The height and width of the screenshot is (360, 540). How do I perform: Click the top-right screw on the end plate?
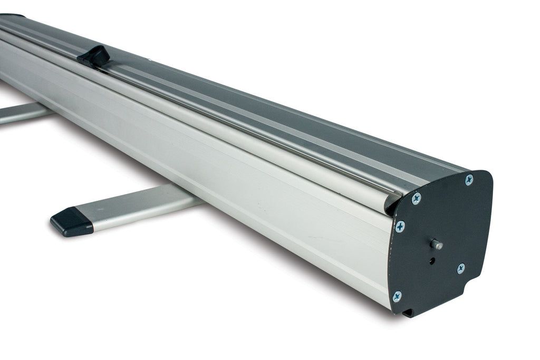coord(468,180)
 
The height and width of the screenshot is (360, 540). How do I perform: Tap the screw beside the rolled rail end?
coord(416,199)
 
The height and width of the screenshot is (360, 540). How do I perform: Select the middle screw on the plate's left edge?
coord(400,227)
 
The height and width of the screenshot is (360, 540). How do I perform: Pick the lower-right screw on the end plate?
coord(460,268)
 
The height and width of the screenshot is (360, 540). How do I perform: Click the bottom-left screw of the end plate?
coord(397,296)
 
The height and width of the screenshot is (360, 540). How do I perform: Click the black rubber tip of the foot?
coord(72,221)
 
